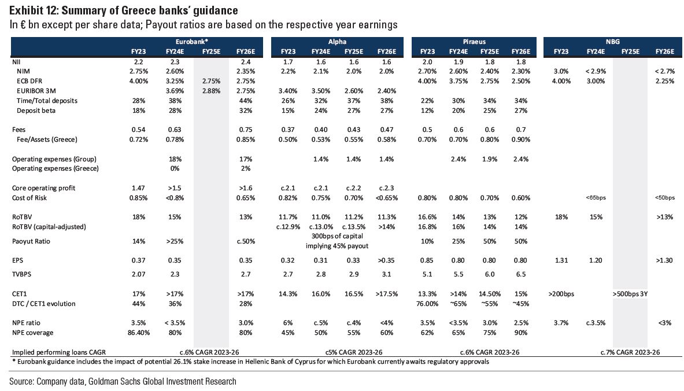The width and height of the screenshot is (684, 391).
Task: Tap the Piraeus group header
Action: point(474,42)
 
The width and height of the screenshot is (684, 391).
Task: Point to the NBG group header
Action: point(613,42)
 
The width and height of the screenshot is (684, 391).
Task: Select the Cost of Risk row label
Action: point(29,198)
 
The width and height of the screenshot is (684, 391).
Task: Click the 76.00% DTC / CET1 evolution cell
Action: point(427,304)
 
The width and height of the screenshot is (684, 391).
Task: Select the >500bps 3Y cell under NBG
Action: point(630,294)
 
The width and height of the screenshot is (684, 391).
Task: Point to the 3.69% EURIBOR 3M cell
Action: point(174,91)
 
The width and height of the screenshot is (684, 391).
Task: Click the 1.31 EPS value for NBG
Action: point(560,260)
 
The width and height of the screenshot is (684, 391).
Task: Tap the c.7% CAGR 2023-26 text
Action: point(630,352)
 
